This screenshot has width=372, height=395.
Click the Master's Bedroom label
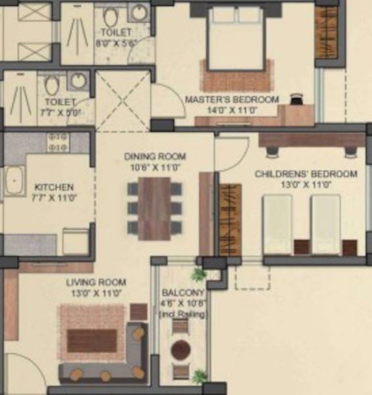coord(231,99)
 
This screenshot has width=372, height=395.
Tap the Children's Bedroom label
coord(306,174)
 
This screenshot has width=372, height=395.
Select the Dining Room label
coord(155,157)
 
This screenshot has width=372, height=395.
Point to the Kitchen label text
coord(54,187)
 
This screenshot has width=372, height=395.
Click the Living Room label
coord(95,282)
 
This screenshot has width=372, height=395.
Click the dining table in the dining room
coord(155,207)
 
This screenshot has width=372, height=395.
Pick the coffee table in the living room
coord(92,340)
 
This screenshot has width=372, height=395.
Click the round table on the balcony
coord(181,349)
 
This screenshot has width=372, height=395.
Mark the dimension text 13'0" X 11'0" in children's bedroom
coord(306,185)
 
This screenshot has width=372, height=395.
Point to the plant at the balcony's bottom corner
coord(199,377)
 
